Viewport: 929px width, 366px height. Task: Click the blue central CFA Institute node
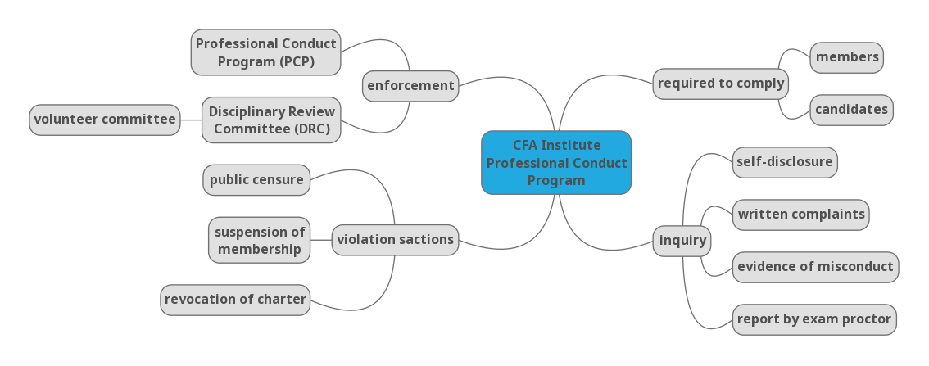coord(556,172)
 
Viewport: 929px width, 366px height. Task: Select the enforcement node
coord(410,86)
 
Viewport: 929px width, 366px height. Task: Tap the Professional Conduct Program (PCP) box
coord(265,52)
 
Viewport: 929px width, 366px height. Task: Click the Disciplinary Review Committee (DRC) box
coord(271,120)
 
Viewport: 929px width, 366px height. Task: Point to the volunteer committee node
coord(105,120)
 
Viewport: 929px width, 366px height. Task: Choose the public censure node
coord(256,180)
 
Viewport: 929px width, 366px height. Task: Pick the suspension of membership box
coord(259,240)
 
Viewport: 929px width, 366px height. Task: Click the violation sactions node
coord(395,240)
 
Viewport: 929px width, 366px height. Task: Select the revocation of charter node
coord(235,300)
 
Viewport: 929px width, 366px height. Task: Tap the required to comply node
coord(721,84)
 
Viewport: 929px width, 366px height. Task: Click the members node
coord(847,57)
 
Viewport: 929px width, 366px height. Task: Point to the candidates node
coord(851,110)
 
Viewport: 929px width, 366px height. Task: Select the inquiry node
coord(682,241)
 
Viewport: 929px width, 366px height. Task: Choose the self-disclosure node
coord(785,162)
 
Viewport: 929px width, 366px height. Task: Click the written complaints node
coord(800,215)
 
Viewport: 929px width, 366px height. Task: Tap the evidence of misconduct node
coord(815,267)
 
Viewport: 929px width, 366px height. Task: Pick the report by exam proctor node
coord(814,319)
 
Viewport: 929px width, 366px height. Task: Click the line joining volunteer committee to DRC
coord(191,120)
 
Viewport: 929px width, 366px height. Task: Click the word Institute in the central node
coord(570,146)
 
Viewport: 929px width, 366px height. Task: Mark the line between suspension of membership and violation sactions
coord(321,240)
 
